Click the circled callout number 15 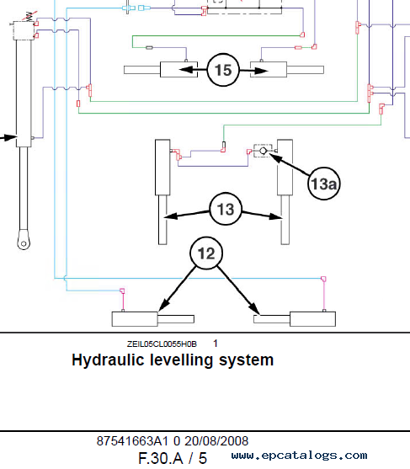point(223,70)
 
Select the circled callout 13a point(324,184)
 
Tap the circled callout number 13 point(226,209)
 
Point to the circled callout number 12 point(206,253)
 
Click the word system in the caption point(246,360)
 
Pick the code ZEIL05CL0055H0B point(162,344)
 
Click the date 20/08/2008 point(216,441)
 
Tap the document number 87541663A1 point(132,441)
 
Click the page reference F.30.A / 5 point(173,458)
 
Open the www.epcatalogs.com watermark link point(299,456)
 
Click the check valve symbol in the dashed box point(263,151)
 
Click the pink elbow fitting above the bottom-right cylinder point(323,279)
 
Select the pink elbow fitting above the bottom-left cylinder point(122,290)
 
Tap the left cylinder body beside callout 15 point(178,70)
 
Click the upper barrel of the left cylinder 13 point(162,168)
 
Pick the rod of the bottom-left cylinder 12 point(176,319)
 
